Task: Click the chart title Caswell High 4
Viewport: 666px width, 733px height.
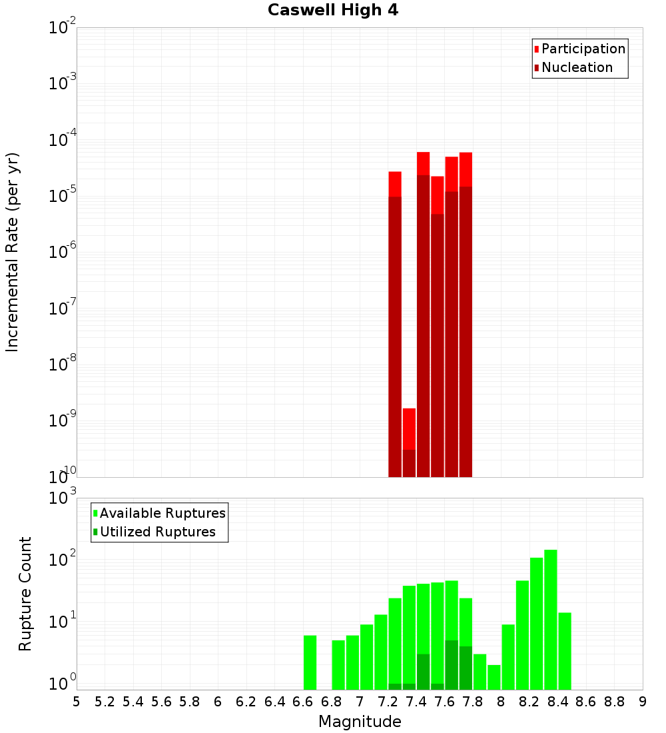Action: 333,11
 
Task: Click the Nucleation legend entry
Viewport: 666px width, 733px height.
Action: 576,67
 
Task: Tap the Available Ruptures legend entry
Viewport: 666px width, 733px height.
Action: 162,513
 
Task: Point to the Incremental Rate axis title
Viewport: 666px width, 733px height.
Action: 13,252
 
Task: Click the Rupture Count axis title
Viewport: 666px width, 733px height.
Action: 25,594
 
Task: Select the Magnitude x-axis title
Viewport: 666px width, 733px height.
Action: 360,722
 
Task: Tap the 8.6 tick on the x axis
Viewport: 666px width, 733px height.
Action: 586,702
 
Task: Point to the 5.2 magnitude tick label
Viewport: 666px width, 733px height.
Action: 105,702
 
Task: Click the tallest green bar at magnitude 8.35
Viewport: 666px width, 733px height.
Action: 551,620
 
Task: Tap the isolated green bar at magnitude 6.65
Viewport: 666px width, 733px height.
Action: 310,662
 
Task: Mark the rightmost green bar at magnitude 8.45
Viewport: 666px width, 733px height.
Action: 565,650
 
